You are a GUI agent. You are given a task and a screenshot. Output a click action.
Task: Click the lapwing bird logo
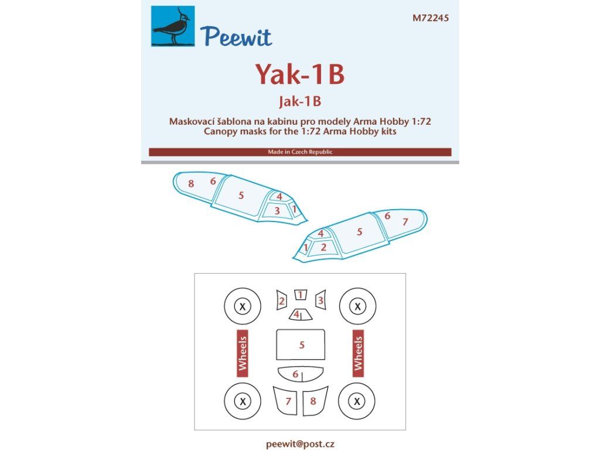point(173,26)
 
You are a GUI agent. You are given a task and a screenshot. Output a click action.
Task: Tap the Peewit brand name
point(236,36)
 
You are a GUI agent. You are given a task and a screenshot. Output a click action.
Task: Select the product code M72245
point(431,18)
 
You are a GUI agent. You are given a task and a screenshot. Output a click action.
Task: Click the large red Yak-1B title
point(300,74)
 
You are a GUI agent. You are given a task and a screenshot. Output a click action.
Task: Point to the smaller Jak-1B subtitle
point(300,101)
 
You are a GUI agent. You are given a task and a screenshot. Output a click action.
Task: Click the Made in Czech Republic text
point(300,152)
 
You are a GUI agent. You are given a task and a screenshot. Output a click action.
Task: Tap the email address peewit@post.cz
point(300,444)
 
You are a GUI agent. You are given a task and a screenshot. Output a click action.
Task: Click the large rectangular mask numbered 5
point(301,345)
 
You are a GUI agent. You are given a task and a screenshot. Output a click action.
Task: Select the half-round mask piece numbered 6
point(301,374)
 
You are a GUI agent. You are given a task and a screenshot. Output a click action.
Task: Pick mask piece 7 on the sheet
point(286,401)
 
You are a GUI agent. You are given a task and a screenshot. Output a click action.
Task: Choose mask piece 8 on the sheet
point(315,401)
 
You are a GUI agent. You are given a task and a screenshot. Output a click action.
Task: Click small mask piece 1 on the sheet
point(301,295)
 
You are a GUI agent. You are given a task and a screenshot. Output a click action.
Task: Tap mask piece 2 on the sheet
point(282,301)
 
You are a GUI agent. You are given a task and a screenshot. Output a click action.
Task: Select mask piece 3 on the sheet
point(321,300)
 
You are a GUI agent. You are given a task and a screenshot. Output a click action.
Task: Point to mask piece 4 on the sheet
point(301,315)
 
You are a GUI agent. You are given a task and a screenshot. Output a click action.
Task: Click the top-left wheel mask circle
point(242,306)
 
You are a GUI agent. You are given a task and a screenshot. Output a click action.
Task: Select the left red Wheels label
point(243,353)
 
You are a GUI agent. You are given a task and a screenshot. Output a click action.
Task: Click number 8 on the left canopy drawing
point(191,183)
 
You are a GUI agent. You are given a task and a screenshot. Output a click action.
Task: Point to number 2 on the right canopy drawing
point(323,247)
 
